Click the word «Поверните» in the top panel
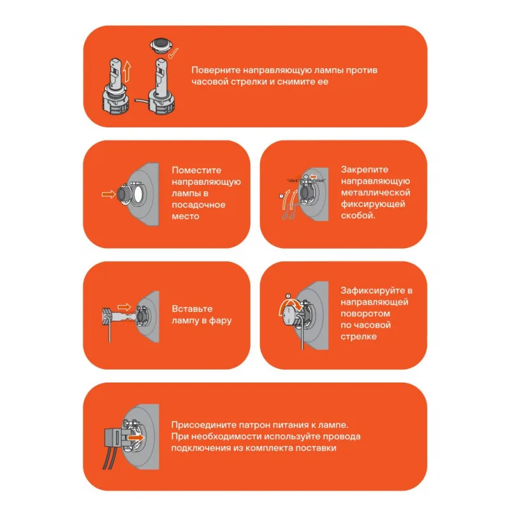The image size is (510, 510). (x=215, y=70)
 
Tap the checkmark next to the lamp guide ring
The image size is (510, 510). (x=173, y=53)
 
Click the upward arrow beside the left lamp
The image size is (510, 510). (x=127, y=71)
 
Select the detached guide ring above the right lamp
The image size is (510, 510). (x=161, y=45)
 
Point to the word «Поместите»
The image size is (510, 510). (x=196, y=170)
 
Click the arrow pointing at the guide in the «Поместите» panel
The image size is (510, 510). (x=108, y=194)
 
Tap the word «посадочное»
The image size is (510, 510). (x=198, y=205)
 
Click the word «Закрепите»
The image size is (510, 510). (x=364, y=170)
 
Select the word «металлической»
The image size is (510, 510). (x=375, y=193)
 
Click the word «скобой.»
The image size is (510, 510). (x=358, y=215)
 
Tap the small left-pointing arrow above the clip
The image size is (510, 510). (x=313, y=177)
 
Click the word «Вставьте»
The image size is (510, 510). (x=192, y=309)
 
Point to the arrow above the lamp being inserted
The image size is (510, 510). (x=124, y=307)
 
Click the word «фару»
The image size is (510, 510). (x=220, y=321)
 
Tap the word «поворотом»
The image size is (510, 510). (x=365, y=314)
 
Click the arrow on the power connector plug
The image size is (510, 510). (x=136, y=437)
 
